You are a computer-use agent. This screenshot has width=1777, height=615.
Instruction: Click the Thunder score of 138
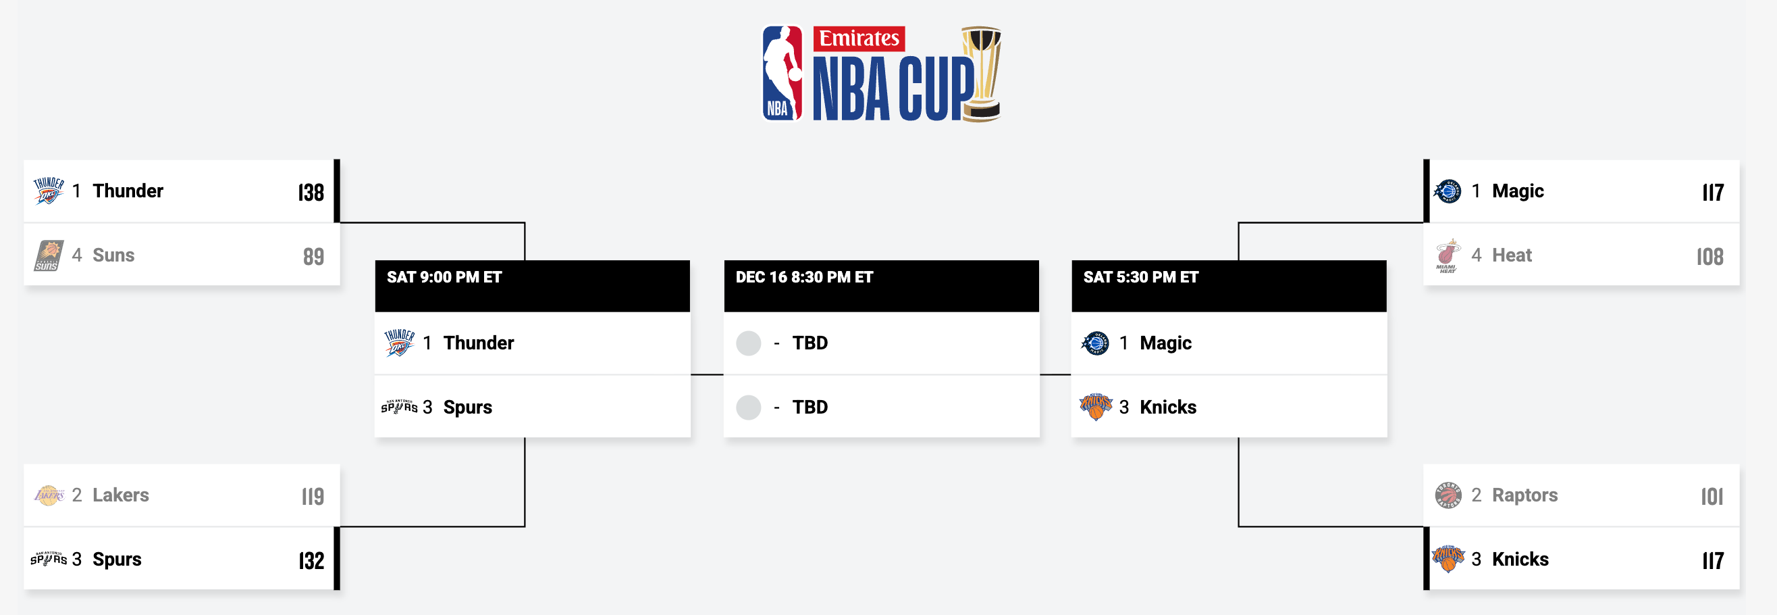click(x=311, y=192)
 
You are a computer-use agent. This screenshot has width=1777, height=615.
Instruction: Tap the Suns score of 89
click(x=313, y=256)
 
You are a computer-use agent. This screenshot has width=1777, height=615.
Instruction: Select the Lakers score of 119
click(x=313, y=495)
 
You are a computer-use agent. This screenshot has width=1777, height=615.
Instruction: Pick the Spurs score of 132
click(x=311, y=560)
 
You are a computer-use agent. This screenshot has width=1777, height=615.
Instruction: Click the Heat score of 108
click(x=1709, y=256)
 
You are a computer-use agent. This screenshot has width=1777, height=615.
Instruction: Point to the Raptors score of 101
click(x=1712, y=495)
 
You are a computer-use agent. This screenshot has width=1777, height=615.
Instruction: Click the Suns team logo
click(x=49, y=255)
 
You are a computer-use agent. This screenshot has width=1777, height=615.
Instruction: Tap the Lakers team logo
click(x=49, y=495)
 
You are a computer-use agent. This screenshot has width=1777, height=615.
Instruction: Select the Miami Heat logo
click(x=1448, y=256)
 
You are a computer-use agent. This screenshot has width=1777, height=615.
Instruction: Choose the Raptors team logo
click(x=1448, y=495)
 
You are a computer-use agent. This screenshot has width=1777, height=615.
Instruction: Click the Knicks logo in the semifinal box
click(x=1096, y=407)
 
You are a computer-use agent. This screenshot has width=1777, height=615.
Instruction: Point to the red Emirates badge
click(x=859, y=39)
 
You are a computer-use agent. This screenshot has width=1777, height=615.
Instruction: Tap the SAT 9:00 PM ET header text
click(x=444, y=278)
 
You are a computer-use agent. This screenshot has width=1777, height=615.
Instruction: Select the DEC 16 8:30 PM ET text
click(x=804, y=278)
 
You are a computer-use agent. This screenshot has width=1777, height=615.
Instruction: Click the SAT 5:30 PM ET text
click(x=1141, y=278)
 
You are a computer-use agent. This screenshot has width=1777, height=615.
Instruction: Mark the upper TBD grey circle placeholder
click(x=749, y=343)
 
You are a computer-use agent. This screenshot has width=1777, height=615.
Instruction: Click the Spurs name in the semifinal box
click(x=468, y=408)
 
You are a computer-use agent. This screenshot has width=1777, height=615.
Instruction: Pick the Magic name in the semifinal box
click(x=1165, y=343)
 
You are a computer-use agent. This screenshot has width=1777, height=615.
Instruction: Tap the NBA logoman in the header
click(x=783, y=73)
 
